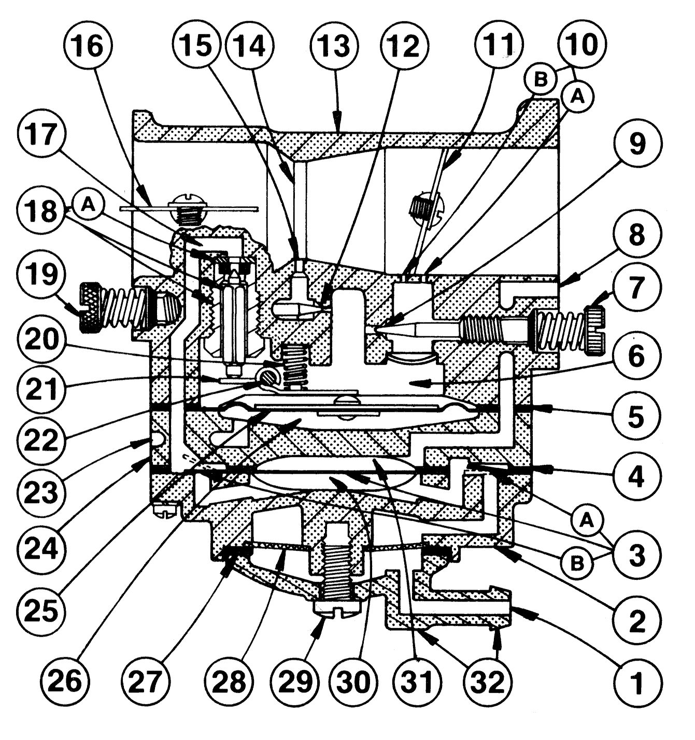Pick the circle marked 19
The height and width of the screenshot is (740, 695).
point(42,273)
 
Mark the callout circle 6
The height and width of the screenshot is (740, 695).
point(636,357)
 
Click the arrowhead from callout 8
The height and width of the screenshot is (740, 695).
point(562,282)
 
